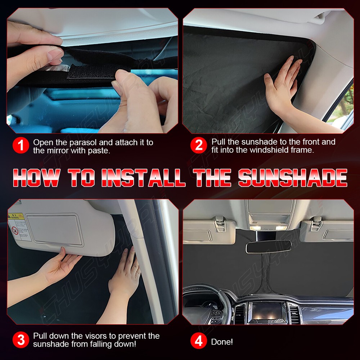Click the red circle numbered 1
pos(21,146)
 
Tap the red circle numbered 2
pos(199,146)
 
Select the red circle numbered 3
pos(21,340)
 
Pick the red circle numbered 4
pos(199,341)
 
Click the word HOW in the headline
pos(36,177)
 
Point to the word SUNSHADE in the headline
pos(292,177)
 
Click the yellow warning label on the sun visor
pos(16,217)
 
